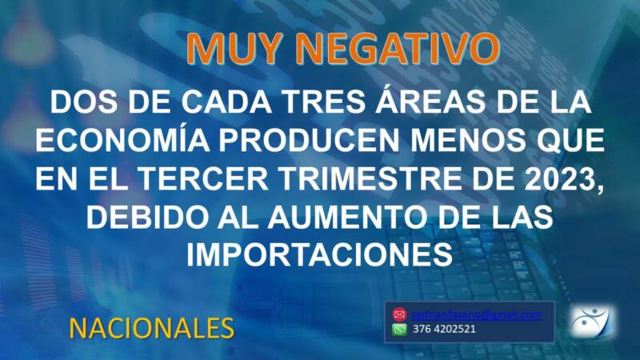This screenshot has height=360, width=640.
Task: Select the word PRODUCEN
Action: pyautogui.click(x=314, y=142)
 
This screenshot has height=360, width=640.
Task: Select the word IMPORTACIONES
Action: pyautogui.click(x=320, y=254)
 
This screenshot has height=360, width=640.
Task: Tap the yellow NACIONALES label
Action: pyautogui.click(x=151, y=327)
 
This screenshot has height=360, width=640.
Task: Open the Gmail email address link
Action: pyautogui.click(x=477, y=314)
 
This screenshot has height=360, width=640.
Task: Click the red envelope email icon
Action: pyautogui.click(x=399, y=314)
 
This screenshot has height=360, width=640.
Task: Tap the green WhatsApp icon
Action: pyautogui.click(x=399, y=329)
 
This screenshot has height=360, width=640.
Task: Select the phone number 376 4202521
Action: pyautogui.click(x=445, y=329)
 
